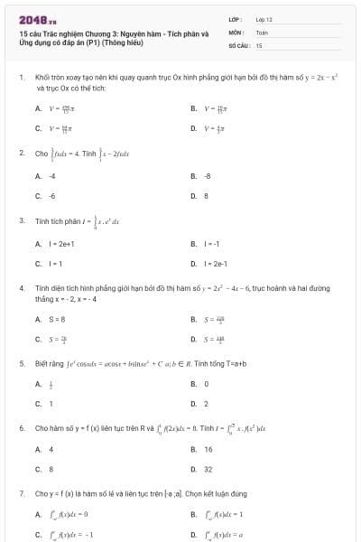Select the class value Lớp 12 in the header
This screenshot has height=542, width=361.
264,18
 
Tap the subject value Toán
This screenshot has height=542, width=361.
262,31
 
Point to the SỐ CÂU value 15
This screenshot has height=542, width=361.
259,44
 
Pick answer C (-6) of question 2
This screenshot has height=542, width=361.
52,195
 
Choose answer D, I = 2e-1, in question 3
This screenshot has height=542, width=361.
216,263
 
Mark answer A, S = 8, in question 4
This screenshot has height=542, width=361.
58,319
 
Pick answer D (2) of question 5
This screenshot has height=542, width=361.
206,404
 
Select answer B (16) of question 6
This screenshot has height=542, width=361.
208,449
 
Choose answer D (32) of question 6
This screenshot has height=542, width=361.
208,469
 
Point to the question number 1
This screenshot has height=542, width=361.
21,79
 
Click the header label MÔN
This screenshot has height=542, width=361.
235,31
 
